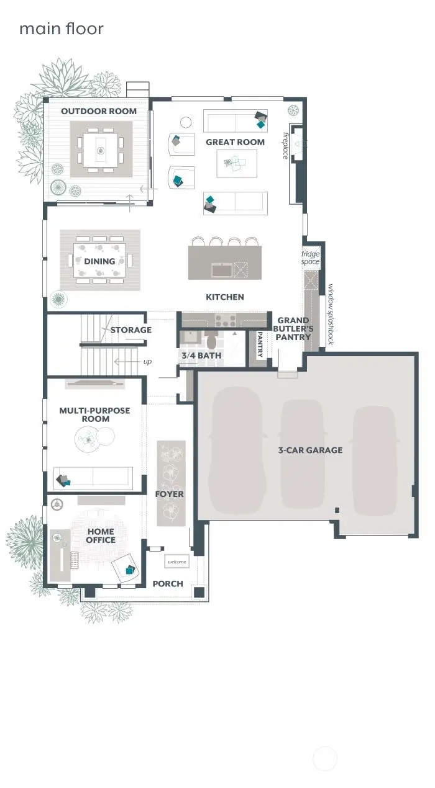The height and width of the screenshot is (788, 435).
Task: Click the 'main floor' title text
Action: point(61,29)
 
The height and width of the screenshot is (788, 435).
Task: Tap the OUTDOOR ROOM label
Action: point(98,111)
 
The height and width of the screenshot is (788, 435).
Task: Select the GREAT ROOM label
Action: point(235,142)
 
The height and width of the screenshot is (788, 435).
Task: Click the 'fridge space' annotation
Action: point(310,258)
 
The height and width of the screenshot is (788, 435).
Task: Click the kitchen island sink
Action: point(221,270)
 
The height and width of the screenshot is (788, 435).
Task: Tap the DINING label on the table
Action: point(99,261)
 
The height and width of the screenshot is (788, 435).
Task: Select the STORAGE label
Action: point(130,329)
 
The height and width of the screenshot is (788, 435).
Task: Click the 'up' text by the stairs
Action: point(147,361)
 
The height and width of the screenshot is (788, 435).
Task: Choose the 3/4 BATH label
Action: point(200,356)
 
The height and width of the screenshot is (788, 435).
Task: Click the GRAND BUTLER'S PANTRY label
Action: point(293,329)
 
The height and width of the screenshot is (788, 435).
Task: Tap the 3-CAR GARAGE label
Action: point(310,450)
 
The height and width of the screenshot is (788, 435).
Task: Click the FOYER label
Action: point(169,494)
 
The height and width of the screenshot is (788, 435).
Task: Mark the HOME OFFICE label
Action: point(100,535)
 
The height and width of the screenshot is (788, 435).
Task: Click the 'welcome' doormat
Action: point(176,562)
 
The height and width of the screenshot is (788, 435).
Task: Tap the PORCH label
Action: point(168,584)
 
